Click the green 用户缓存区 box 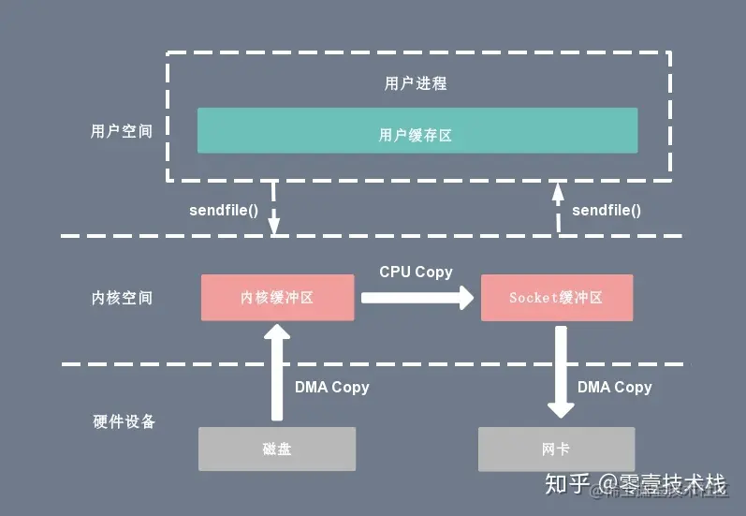[417, 130]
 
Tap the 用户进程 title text [416, 83]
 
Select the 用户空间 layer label [122, 131]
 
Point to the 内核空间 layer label [122, 298]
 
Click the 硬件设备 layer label [124, 421]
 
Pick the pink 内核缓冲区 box [277, 298]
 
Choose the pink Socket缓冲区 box [556, 298]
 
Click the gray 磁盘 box [277, 449]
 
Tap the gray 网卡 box [556, 449]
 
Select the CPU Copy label [416, 272]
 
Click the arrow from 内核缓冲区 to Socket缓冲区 [417, 298]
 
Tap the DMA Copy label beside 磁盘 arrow [332, 387]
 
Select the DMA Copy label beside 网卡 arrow [614, 387]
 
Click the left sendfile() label [224, 210]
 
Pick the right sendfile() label [607, 210]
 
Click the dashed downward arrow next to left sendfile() [273, 209]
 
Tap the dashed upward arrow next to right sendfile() [557, 207]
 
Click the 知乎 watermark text [568, 483]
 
